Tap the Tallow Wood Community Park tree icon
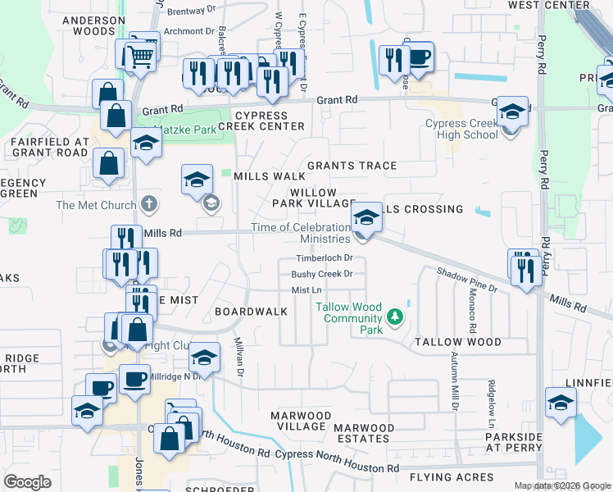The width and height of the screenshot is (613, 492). [x=395, y=317]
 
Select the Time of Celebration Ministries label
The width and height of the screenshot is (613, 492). [x=301, y=233]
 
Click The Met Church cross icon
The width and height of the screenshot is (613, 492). [x=148, y=203]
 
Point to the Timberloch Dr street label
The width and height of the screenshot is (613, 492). [x=324, y=258]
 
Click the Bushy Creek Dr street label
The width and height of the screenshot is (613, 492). [x=322, y=274]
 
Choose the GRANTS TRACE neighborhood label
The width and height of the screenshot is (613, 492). [x=352, y=166]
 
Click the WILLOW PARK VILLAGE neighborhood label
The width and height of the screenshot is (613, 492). [x=313, y=197]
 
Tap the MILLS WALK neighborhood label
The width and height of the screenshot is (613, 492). [x=270, y=176]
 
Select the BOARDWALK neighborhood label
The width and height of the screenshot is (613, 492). [x=251, y=312]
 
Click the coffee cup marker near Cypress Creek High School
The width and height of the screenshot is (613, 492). [x=419, y=58]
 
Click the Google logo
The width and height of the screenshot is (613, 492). [x=27, y=482]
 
